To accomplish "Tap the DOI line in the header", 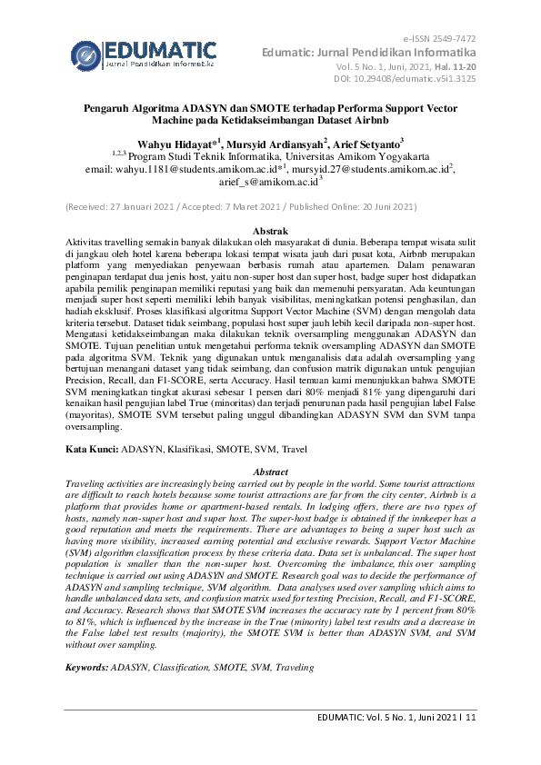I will click(416, 80).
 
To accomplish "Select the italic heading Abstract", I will click(269, 472).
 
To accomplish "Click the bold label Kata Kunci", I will click(91, 450).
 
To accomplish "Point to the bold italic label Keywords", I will click(86, 667).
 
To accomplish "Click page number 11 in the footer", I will click(470, 717).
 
